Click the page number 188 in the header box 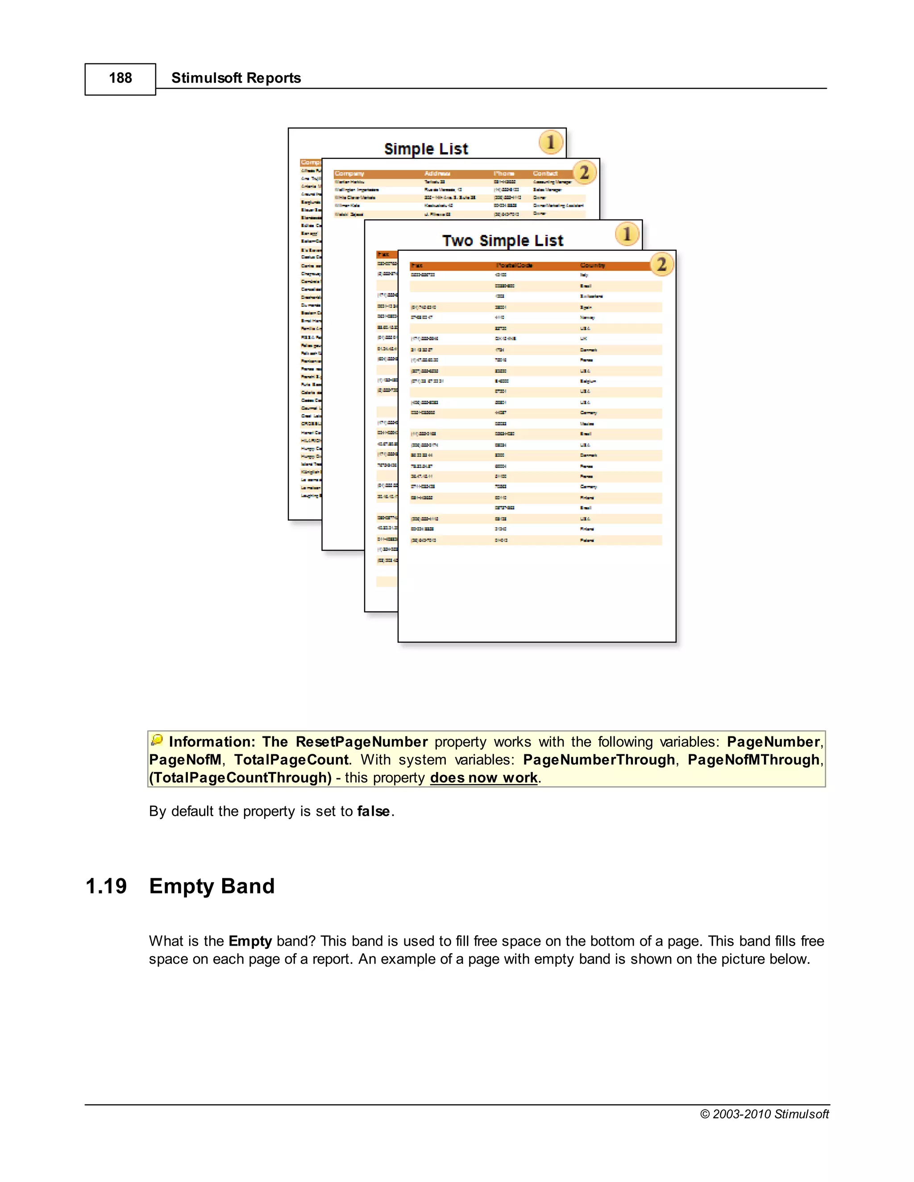coord(120,78)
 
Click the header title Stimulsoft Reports coord(236,78)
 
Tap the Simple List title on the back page coord(426,149)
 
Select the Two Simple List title coord(503,240)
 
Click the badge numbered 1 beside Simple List coord(551,142)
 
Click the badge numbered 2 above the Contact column coord(584,172)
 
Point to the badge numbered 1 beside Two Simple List coord(627,234)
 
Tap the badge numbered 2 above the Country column coord(661,264)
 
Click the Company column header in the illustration coord(349,174)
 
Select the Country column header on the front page coord(592,265)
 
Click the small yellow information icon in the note coord(157,739)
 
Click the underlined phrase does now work coord(483,778)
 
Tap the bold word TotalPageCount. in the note coord(292,760)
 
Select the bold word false coord(374,811)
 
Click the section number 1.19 coord(106,887)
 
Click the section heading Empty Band coord(212,887)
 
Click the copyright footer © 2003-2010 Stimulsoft coord(764,1114)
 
